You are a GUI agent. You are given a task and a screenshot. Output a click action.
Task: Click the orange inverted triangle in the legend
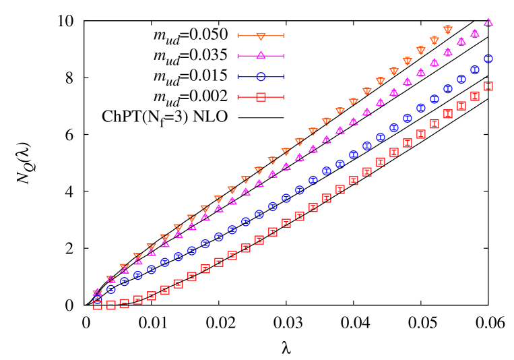261,36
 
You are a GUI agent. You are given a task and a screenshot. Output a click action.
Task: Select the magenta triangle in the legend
261,55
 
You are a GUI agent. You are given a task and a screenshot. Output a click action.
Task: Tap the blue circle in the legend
261,76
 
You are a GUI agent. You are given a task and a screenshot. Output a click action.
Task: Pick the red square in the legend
261,97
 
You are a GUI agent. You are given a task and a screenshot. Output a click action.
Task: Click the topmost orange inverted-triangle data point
447,30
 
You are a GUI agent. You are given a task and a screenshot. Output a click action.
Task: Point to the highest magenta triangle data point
488,22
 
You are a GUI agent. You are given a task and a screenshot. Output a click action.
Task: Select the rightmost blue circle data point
488,59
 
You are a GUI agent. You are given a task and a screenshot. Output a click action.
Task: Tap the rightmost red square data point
488,86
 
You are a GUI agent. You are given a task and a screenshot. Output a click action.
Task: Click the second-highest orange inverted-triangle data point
434,40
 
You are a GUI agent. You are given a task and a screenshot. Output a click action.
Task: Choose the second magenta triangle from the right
474,33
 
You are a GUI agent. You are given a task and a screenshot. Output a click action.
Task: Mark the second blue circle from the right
474,69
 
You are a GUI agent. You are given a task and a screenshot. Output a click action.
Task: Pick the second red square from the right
474,96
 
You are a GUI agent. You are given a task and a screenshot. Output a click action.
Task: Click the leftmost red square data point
98,305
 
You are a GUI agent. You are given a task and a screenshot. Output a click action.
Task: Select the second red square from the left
111,305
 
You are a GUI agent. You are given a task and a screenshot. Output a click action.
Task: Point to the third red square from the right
461,106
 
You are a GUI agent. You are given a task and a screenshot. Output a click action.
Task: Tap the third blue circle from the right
461,79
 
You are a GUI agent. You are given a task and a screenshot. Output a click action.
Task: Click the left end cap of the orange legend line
238,36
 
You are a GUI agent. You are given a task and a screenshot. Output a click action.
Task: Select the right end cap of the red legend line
284,97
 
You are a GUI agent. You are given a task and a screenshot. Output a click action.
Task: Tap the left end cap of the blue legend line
238,76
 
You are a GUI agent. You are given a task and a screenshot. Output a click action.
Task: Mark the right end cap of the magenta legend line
284,55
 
